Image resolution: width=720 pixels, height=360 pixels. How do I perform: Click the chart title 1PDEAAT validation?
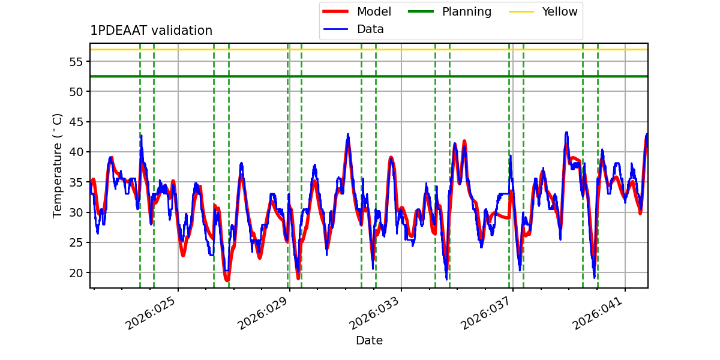click(151, 31)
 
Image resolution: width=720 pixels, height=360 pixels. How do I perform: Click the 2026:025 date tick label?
click(152, 314)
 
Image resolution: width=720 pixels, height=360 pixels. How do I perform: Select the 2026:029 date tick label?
click(264, 314)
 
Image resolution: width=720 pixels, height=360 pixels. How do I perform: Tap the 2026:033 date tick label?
click(376, 314)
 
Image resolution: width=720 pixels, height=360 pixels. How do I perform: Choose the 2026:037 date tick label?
click(487, 314)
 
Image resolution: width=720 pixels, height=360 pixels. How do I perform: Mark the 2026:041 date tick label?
click(599, 314)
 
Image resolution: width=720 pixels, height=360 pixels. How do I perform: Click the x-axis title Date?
click(369, 341)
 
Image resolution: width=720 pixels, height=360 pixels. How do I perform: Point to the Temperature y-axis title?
click(58, 165)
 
